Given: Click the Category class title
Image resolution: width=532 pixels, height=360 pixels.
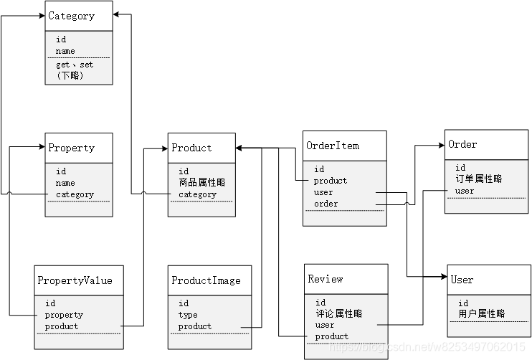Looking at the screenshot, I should tap(71, 16).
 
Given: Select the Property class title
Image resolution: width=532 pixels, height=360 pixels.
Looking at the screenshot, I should tap(71, 148).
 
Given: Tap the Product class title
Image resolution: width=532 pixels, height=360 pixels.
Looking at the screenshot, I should tap(191, 148).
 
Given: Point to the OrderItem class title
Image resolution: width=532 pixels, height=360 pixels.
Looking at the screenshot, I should tap(333, 146).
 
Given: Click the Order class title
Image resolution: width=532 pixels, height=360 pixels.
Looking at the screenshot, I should tap(462, 144).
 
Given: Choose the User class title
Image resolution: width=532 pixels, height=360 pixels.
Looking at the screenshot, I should tap(462, 279).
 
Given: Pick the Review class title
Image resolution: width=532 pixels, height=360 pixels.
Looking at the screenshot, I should tap(326, 278).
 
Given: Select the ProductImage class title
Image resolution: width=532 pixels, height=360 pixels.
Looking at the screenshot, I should tap(206, 280).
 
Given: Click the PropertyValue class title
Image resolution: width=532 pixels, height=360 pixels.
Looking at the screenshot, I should tap(75, 280).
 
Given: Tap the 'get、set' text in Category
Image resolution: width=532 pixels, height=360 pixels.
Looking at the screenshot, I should tap(75, 65).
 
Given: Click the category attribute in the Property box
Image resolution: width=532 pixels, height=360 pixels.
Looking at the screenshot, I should tap(75, 194).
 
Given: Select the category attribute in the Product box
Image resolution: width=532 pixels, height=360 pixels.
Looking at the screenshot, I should tap(197, 194).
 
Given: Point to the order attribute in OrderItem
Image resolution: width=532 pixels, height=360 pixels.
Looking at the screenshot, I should tap(326, 204).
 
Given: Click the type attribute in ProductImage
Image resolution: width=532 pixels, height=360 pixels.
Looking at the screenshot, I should tap(188, 315).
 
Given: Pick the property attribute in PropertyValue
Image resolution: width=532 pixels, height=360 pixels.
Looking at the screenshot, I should tap(64, 315).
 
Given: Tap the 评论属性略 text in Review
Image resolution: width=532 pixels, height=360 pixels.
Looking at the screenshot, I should tap(339, 313).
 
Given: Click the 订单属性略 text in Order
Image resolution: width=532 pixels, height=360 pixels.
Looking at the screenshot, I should tap(478, 179).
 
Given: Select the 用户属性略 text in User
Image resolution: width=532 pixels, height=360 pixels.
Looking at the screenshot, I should tap(481, 313).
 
